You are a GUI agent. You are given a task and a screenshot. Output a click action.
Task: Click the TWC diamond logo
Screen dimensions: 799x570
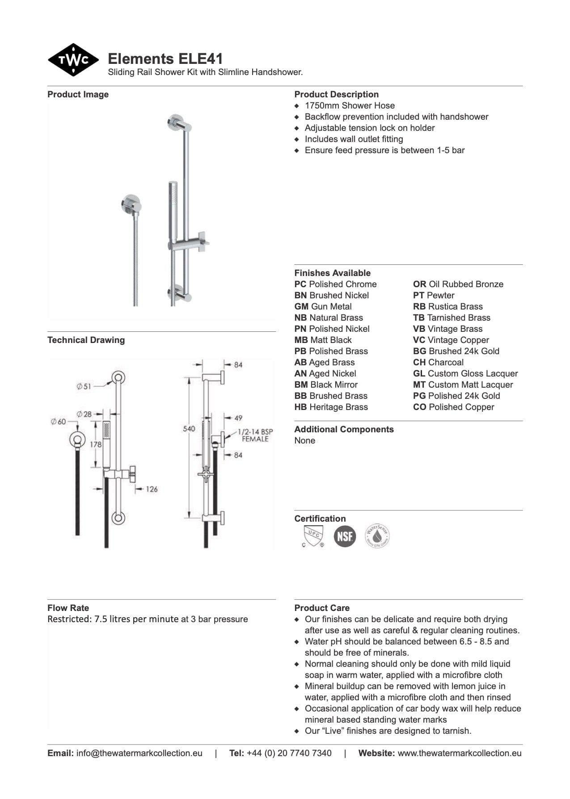tap(73, 60)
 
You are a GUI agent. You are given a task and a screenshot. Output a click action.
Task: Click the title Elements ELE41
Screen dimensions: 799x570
tap(165, 59)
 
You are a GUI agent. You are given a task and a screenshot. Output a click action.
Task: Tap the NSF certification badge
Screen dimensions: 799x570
tap(345, 536)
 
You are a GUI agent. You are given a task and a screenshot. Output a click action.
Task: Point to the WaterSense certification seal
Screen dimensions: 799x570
tap(377, 536)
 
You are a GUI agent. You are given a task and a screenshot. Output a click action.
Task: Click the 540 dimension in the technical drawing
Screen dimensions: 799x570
tap(189, 429)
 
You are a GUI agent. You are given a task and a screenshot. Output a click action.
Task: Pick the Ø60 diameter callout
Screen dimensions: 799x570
tap(58, 422)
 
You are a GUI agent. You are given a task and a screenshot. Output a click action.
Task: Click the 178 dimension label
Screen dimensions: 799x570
tap(96, 445)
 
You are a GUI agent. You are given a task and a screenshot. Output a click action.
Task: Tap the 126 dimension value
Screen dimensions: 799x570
tap(152, 489)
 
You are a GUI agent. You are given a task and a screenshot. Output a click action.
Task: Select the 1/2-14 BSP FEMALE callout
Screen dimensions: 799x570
tap(255, 435)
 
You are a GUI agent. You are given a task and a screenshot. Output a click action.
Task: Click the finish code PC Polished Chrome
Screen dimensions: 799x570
tap(335, 284)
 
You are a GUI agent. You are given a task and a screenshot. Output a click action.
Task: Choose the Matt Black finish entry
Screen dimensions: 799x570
tap(323, 340)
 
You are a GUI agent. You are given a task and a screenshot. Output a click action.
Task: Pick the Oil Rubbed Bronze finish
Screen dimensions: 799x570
tap(458, 284)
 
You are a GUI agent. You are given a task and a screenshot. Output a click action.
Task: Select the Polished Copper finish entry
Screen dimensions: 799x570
tap(453, 407)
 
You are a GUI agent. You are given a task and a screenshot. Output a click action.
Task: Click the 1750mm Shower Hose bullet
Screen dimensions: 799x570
tap(350, 106)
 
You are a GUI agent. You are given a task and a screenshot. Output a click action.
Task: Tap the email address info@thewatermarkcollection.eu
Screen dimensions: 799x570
tap(139, 753)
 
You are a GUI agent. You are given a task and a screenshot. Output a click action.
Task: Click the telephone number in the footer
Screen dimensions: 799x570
tap(289, 753)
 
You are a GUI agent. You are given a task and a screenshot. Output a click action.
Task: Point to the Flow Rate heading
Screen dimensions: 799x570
tap(68, 608)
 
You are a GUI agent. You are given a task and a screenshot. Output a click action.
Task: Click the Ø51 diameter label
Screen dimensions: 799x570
tap(84, 386)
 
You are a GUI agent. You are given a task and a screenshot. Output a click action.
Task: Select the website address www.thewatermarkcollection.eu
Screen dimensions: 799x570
tap(460, 753)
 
